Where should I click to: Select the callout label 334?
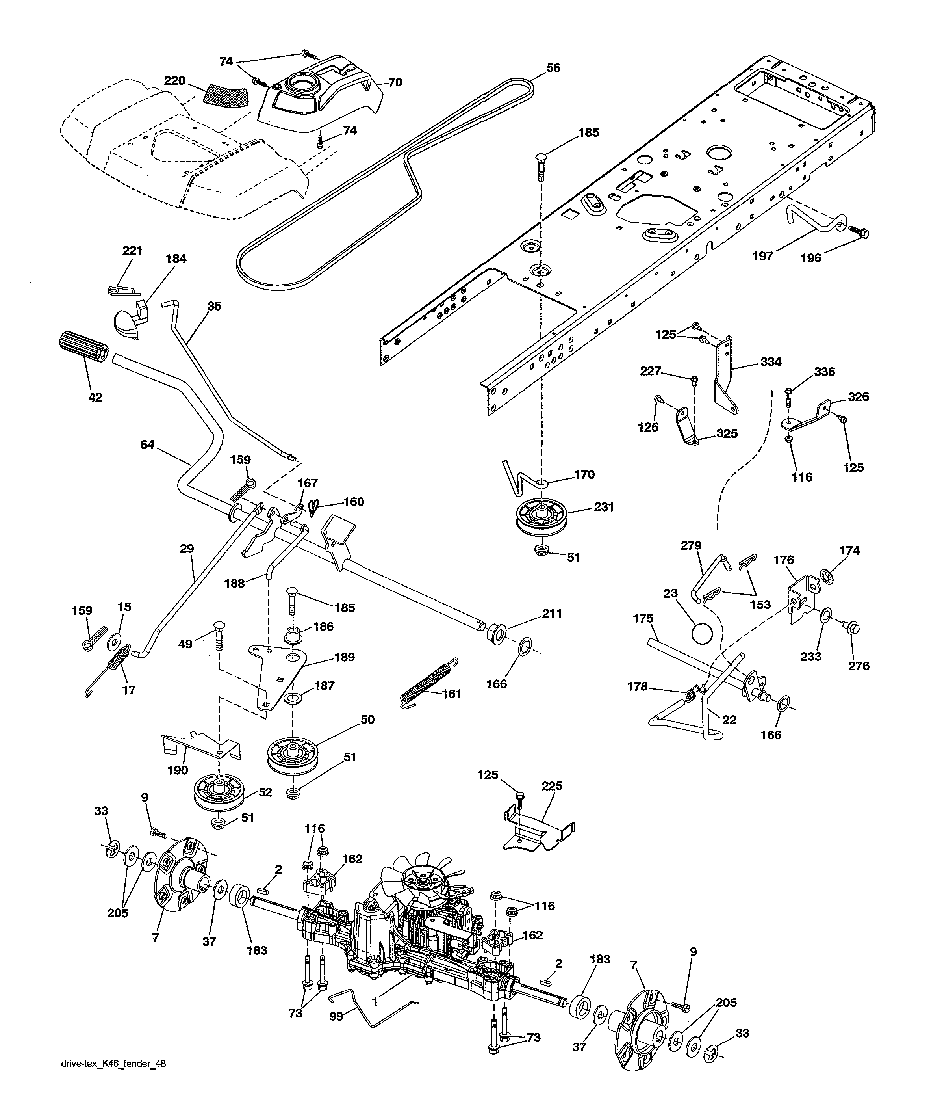click(771, 362)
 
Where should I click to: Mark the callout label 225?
click(552, 787)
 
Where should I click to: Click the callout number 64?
click(147, 445)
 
